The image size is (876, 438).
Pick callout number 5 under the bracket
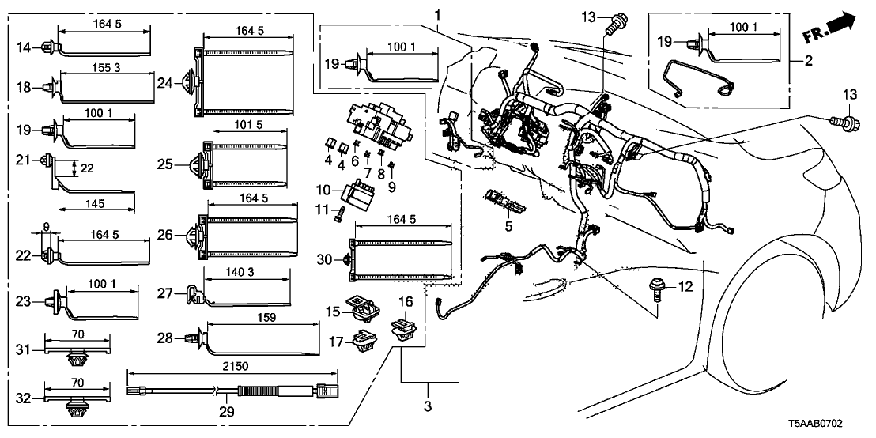[x=508, y=226]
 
